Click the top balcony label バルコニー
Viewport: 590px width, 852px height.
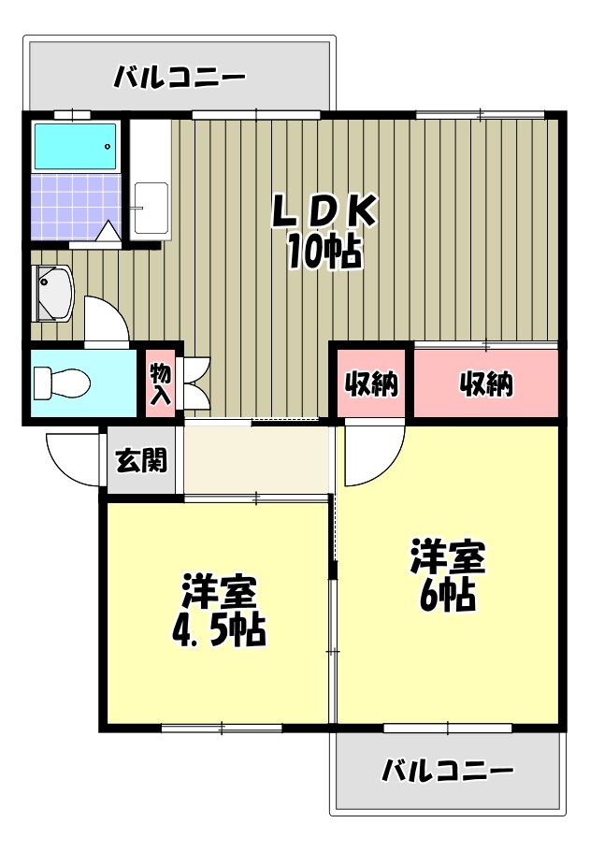[x=180, y=77]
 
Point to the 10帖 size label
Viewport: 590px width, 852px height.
[x=324, y=251]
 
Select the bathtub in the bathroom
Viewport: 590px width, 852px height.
[x=76, y=146]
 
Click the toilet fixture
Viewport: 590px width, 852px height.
[x=61, y=382]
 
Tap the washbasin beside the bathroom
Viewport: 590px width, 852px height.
[x=52, y=292]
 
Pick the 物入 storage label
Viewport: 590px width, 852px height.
[x=160, y=383]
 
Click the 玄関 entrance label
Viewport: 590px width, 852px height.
[x=141, y=460]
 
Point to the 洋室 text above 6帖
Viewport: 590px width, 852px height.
[x=448, y=558]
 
